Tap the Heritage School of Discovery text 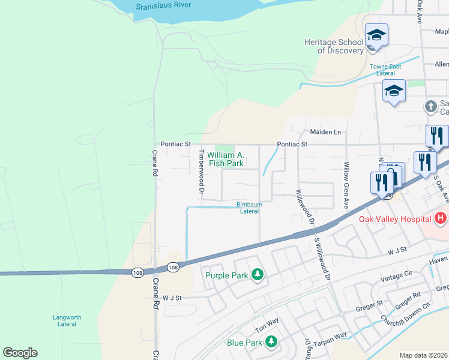[x=334, y=46]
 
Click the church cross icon [x=430, y=107]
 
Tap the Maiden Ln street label [x=325, y=132]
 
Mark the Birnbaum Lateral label [x=250, y=208]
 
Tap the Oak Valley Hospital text [x=396, y=219]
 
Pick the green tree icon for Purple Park [x=258, y=275]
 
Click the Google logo [x=20, y=353]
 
